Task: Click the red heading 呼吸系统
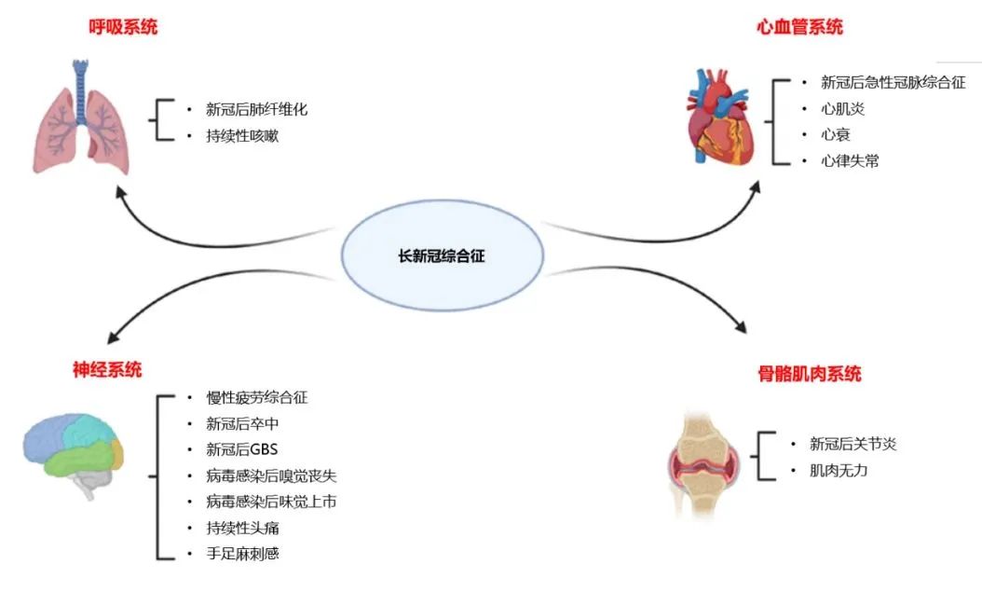click(x=123, y=27)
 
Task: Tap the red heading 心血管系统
click(x=799, y=27)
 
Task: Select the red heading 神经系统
click(x=108, y=369)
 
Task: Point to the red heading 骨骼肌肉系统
click(x=809, y=374)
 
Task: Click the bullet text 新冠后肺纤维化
click(x=257, y=109)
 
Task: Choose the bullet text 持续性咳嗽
click(x=242, y=135)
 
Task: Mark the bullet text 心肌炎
click(x=836, y=108)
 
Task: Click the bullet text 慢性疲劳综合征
click(x=257, y=397)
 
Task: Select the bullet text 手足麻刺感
click(x=242, y=554)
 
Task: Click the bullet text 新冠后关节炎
click(x=853, y=444)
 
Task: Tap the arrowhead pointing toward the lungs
click(x=117, y=190)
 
